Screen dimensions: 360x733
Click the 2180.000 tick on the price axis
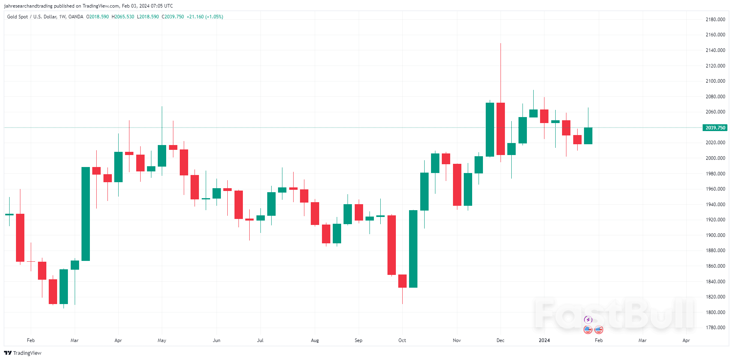tap(715, 20)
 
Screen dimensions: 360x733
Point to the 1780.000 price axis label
tap(715, 328)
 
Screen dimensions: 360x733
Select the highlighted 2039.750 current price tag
tap(715, 128)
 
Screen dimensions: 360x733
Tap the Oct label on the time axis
tap(402, 340)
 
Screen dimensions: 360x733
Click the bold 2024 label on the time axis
tap(544, 340)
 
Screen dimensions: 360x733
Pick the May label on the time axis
tap(162, 340)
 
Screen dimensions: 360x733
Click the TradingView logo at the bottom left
tap(23, 353)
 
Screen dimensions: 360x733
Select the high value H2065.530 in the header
tap(123, 17)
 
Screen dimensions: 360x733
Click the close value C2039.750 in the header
tap(173, 17)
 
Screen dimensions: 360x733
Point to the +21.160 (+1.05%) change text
tap(205, 17)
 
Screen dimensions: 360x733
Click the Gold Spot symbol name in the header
tap(18, 17)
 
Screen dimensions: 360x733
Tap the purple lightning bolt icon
tap(588, 320)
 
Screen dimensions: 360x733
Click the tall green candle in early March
tap(85, 214)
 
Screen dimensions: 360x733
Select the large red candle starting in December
tap(501, 129)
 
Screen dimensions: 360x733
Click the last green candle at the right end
tap(588, 136)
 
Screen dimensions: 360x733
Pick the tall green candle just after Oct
tap(413, 249)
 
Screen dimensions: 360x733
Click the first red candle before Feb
tap(20, 238)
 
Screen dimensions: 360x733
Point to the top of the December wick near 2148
tap(501, 44)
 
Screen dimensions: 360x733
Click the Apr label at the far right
tap(686, 340)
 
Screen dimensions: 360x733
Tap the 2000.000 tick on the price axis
tap(715, 158)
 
